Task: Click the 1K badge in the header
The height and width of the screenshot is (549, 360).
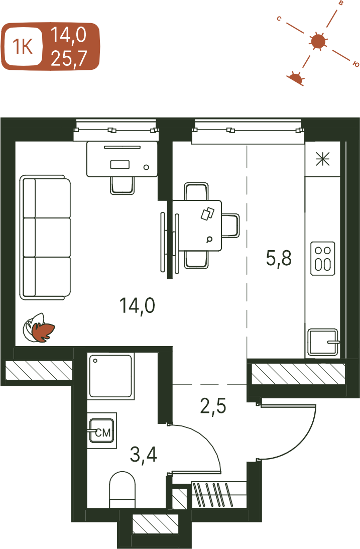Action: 23,46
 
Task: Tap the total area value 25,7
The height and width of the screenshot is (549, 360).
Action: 69,58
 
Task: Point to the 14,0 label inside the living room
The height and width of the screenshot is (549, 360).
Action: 137,306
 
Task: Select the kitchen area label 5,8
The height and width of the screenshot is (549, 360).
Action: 279,259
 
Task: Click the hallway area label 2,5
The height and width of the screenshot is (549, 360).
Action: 213,406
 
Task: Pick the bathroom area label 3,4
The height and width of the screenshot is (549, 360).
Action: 144,455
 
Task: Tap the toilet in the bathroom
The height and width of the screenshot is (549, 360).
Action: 123,490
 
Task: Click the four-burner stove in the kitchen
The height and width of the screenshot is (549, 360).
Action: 322,258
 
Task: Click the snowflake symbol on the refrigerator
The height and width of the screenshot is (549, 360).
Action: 322,159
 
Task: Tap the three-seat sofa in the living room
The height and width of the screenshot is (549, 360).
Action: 45,238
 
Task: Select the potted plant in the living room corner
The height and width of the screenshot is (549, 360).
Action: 39,327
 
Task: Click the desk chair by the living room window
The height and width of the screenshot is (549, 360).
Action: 122,185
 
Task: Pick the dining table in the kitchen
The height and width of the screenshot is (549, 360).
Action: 197,226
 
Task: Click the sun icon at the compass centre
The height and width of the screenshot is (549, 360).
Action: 318,41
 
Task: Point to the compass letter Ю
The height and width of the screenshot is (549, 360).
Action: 356,64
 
